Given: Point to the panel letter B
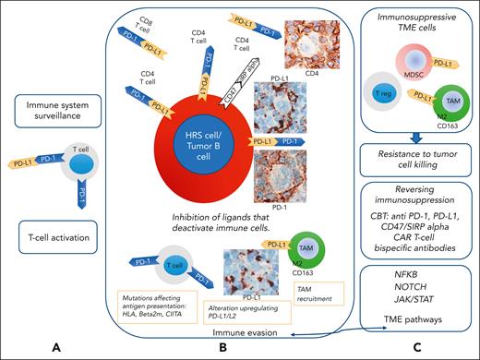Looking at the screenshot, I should tap(224, 348).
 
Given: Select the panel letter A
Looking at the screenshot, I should tap(58, 348).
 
